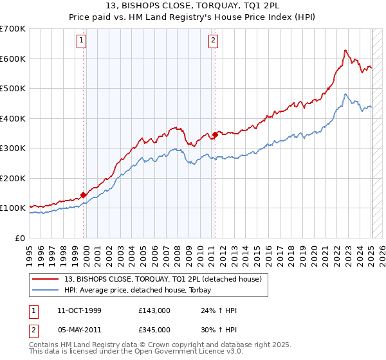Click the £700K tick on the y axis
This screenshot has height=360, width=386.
(12, 29)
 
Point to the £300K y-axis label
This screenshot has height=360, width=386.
(12, 148)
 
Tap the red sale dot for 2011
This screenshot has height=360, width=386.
(215, 135)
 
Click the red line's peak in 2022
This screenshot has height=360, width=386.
(345, 50)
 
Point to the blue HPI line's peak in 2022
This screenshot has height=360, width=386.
(345, 94)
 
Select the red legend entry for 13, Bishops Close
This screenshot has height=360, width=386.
(163, 280)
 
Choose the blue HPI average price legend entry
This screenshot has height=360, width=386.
(142, 290)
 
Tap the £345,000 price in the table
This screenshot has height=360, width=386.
(154, 330)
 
